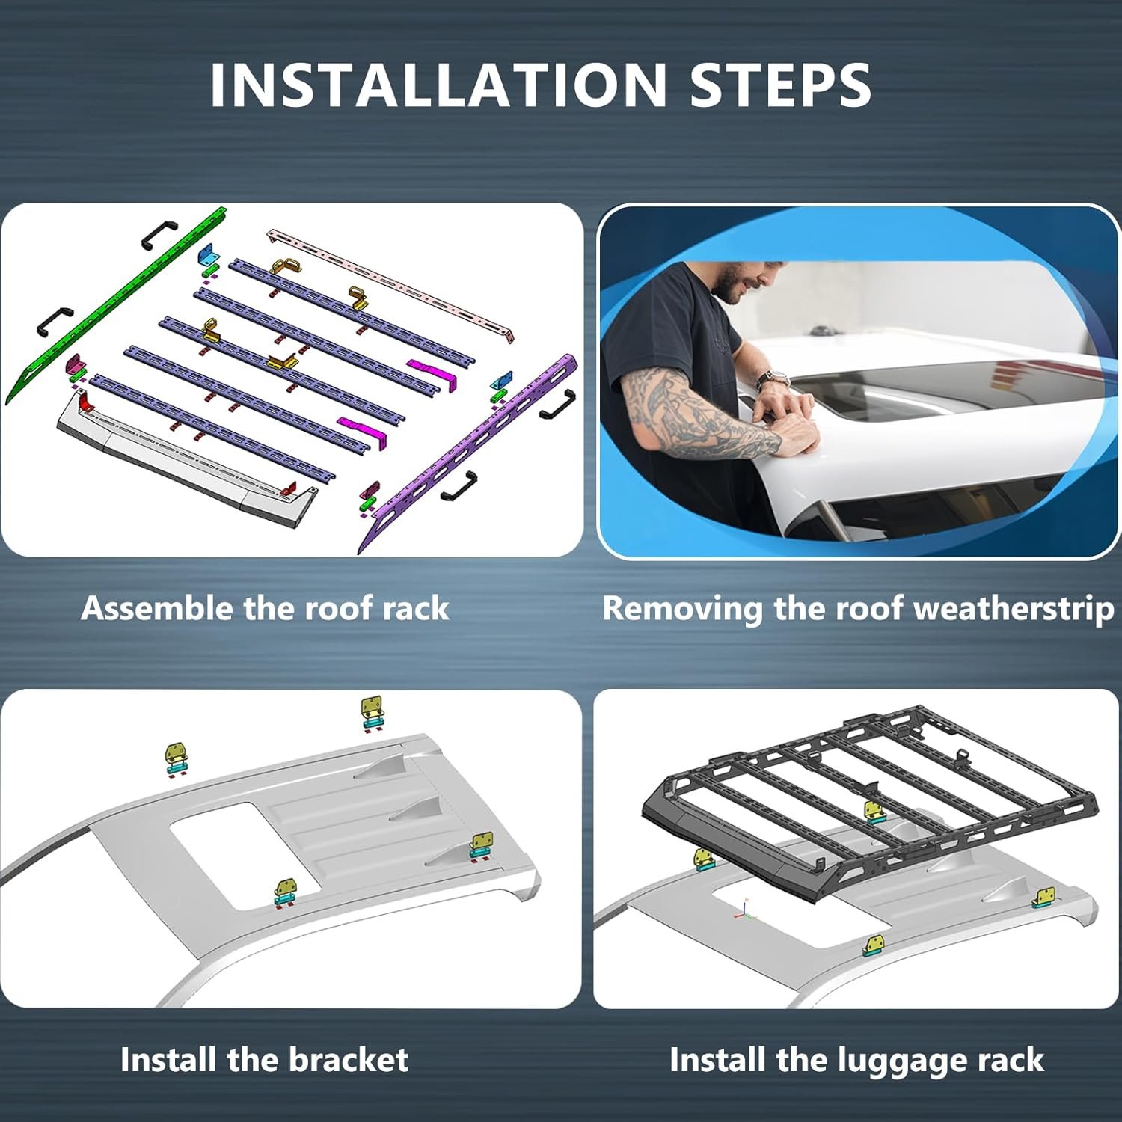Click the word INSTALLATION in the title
[x=438, y=85]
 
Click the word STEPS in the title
[x=780, y=85]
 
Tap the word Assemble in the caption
[x=158, y=608]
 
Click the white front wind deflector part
[x=187, y=464]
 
